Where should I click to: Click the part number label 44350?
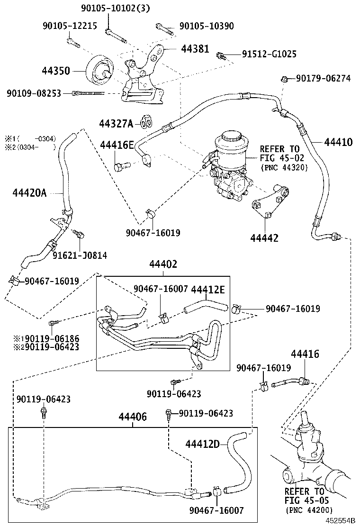55,71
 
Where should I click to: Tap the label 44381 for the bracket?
195,48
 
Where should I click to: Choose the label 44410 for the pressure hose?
338,142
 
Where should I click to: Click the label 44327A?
117,124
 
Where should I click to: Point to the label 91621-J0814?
80,255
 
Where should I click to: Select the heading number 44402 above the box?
163,264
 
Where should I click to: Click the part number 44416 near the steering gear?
305,354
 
